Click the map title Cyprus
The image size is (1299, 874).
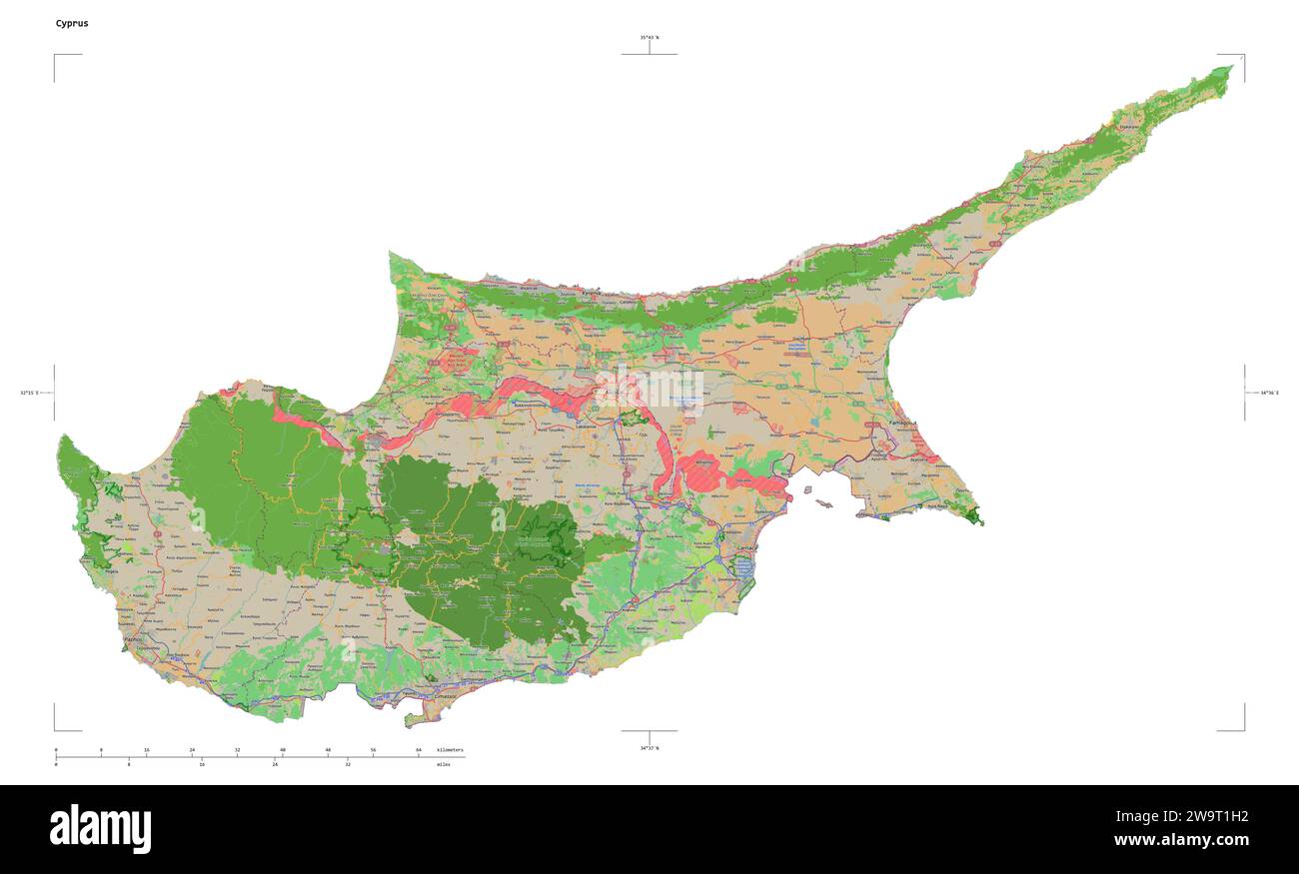tap(72, 23)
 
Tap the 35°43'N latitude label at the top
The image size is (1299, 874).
tap(649, 37)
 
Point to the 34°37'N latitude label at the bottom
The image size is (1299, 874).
tap(649, 747)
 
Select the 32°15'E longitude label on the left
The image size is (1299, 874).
tap(29, 393)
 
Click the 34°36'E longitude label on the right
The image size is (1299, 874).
tap(1269, 393)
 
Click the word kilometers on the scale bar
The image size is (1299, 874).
tap(450, 749)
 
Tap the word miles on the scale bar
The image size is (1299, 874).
tap(443, 764)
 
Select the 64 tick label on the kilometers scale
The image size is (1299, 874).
tap(419, 749)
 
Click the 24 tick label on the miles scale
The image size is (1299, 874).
tap(275, 764)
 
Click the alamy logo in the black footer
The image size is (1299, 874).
tap(100, 829)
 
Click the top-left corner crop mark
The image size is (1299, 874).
tap(56, 56)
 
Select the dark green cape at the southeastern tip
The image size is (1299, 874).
tap(974, 516)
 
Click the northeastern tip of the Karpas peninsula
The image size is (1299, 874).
tap(1230, 69)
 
